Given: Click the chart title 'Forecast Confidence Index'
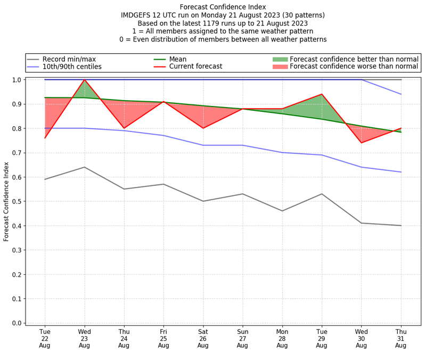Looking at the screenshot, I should click(223, 7).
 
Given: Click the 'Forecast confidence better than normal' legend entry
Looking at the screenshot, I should click(354, 59).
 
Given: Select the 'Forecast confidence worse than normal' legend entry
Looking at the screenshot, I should click(354, 67).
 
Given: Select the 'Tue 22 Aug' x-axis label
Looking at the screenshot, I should click(45, 339).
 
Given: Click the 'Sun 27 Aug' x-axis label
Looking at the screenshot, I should click(242, 339).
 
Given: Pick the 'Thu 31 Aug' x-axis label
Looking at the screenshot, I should click(400, 339).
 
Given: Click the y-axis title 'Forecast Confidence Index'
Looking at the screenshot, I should click(6, 201).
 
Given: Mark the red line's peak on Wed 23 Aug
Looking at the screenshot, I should click(84, 80).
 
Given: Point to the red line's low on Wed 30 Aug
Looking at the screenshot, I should click(361, 143).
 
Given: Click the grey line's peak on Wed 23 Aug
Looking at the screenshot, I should click(84, 167).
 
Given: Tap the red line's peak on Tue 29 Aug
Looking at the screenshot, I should click(322, 94).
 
